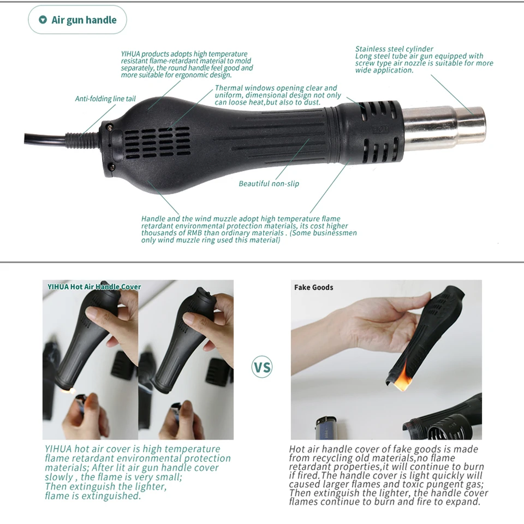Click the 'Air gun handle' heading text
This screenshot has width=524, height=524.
point(84,20)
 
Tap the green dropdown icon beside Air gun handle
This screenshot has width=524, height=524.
point(43,20)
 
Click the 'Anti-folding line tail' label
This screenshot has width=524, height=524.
point(105,99)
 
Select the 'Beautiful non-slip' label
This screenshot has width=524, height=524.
point(269,184)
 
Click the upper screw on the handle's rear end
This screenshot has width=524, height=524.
point(110,128)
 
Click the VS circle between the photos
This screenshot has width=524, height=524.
point(262,367)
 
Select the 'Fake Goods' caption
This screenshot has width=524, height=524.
point(313,288)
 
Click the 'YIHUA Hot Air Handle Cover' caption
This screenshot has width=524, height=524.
point(94,287)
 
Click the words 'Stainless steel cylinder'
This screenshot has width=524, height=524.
point(394,49)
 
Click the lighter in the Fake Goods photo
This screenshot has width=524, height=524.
point(326,428)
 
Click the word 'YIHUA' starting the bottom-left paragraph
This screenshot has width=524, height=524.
point(58,449)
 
